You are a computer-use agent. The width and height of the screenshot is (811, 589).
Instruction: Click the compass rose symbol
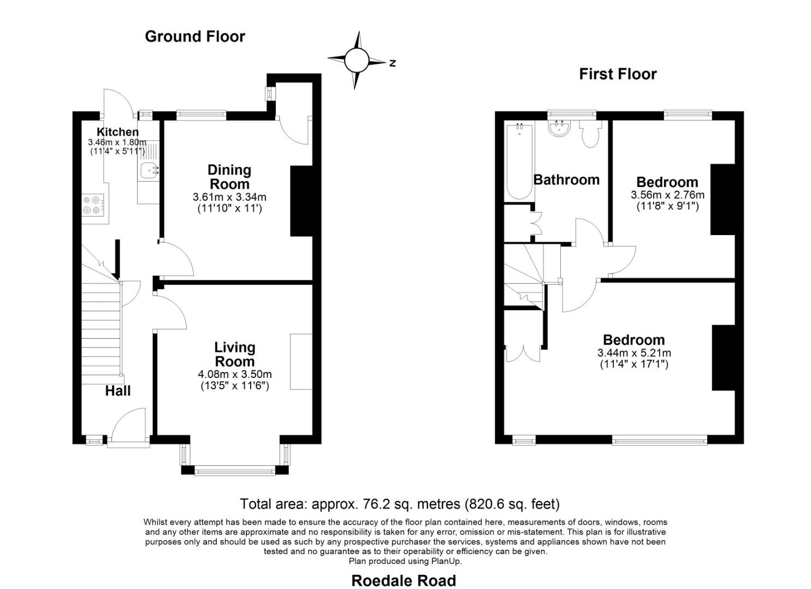(357, 60)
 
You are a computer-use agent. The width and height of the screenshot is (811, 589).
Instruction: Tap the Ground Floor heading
(195, 37)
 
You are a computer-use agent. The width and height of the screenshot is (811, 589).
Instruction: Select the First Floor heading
(618, 74)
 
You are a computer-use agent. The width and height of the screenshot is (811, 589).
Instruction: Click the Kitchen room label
(117, 132)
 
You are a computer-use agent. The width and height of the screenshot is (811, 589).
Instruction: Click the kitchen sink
(149, 171)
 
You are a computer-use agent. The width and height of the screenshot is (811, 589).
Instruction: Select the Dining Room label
(229, 177)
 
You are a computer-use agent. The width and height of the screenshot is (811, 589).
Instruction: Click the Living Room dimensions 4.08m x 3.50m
(235, 375)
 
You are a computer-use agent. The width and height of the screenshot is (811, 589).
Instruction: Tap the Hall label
(118, 391)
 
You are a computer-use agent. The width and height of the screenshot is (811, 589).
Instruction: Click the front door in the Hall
(129, 428)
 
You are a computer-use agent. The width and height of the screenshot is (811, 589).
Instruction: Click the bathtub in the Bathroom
(519, 161)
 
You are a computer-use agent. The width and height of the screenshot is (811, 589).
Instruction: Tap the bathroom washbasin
(560, 129)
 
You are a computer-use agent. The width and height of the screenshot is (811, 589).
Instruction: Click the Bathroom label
(566, 180)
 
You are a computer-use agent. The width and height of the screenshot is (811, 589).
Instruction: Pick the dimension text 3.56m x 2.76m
(667, 195)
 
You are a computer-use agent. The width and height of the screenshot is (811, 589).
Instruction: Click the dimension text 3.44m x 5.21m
(634, 353)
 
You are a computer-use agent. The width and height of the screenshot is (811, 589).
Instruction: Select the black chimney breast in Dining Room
(301, 201)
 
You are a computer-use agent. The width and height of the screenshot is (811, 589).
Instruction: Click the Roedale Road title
(404, 581)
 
